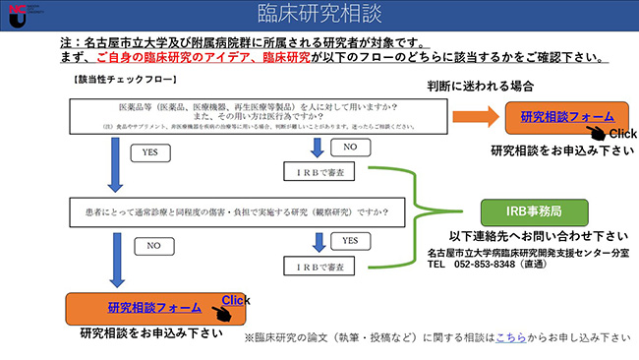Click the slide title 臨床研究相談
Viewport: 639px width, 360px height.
pos(319,15)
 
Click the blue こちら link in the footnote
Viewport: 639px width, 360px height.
pos(511,337)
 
